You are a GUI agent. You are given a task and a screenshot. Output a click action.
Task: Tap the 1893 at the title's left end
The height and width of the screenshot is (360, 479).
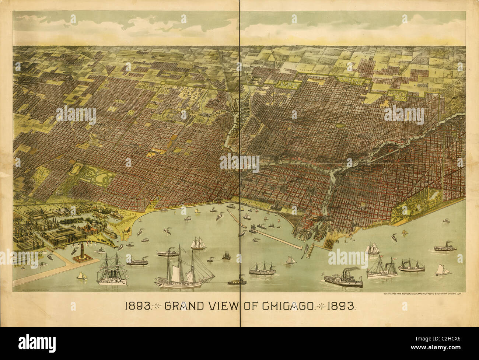tap(137, 306)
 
